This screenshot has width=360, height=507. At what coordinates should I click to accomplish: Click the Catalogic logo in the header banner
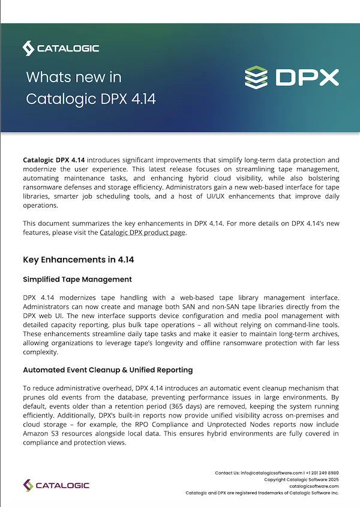61,48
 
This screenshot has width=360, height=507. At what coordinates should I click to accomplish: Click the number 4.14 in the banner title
142,98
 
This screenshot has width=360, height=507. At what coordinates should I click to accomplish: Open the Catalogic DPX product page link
143,233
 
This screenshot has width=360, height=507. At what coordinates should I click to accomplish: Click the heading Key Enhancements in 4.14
78,260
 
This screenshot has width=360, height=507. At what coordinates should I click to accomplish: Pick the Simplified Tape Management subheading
77,280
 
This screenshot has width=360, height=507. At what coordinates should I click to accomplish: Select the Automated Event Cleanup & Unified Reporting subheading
107,370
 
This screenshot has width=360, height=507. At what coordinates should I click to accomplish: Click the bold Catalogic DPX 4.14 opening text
53,160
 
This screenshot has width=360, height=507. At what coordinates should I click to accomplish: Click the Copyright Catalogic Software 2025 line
301,479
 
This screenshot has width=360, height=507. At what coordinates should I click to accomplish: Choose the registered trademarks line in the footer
262,493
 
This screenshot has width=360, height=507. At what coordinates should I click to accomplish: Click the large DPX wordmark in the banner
307,77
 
